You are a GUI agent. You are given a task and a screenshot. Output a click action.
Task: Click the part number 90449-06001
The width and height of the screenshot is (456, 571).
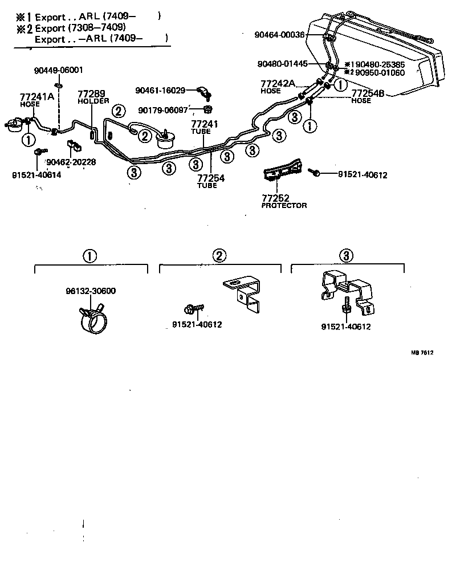(x=58, y=70)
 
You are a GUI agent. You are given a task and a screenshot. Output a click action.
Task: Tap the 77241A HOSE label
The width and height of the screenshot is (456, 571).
(x=37, y=99)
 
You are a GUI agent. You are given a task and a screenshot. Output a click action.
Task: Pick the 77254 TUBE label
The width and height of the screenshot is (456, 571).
(x=211, y=181)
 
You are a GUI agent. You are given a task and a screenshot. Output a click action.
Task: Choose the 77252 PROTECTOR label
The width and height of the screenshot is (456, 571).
(x=284, y=201)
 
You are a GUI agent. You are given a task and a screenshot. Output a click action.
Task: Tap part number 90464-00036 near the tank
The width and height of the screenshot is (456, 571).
(x=280, y=35)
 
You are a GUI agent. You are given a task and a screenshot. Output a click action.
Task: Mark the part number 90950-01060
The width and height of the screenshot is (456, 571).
(x=380, y=73)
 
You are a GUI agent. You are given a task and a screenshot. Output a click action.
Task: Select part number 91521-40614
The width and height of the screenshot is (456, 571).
(x=36, y=175)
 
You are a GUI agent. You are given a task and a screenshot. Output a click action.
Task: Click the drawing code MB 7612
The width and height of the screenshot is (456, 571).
(x=422, y=353)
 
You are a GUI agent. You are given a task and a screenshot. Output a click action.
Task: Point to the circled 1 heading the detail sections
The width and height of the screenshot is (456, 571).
(x=89, y=256)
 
